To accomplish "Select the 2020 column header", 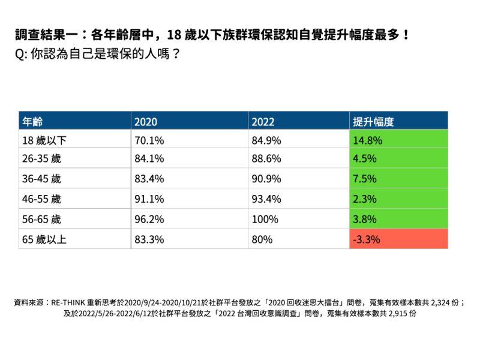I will tap(146, 121).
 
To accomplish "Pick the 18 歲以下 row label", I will tap(45, 141).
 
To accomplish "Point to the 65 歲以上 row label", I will tap(45, 239).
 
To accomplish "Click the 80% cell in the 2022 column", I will tap(262, 239).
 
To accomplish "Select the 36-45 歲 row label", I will tap(42, 179).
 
